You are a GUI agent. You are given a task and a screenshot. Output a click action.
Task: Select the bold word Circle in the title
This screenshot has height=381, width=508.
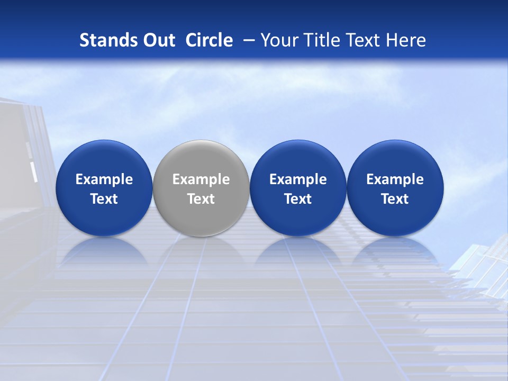(x=209, y=40)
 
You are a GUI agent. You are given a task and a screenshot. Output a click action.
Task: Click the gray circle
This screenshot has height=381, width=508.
(x=201, y=159)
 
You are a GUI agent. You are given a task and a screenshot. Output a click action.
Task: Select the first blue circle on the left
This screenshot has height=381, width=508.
(x=104, y=159)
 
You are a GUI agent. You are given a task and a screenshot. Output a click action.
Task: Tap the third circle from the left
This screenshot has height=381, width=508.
(x=298, y=159)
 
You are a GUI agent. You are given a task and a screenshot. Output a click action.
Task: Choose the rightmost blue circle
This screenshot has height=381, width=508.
(x=395, y=159)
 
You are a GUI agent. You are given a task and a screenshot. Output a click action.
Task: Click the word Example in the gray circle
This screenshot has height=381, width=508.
(x=201, y=179)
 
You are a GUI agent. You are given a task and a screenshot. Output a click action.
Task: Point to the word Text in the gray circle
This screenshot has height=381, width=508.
(x=201, y=199)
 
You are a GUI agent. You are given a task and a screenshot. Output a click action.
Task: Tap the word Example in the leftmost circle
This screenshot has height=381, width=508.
(x=104, y=179)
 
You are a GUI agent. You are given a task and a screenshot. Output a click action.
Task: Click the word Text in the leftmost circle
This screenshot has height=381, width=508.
(x=104, y=199)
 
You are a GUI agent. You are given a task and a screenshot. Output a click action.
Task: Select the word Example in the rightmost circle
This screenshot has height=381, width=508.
(x=395, y=179)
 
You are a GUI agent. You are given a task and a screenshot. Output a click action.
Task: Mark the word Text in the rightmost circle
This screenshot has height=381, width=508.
(x=395, y=199)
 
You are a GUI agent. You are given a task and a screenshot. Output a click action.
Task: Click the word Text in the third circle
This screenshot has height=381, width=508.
(x=298, y=199)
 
